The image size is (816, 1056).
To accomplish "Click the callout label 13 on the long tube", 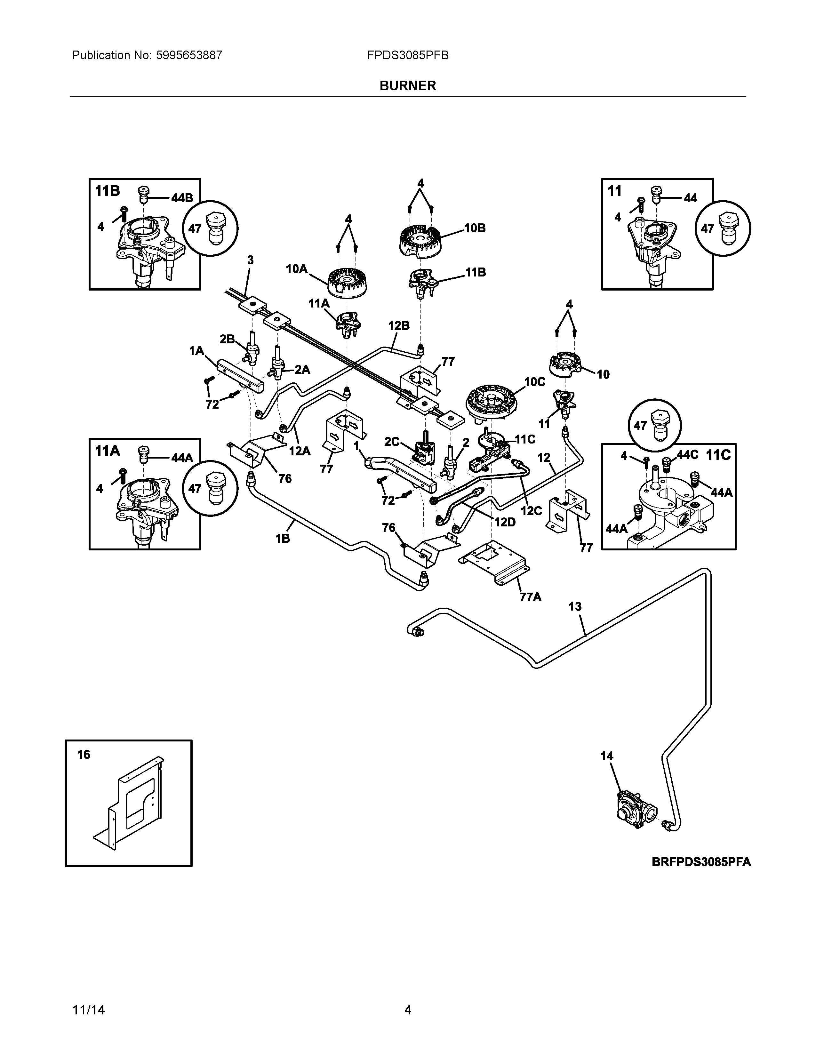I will pos(575,606).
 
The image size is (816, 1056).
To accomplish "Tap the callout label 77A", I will pos(530,598).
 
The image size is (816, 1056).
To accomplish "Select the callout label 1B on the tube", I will pos(283,538).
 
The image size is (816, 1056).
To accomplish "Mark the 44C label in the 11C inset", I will pos(687,455).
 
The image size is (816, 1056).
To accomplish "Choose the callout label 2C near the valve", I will pos(392,442).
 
